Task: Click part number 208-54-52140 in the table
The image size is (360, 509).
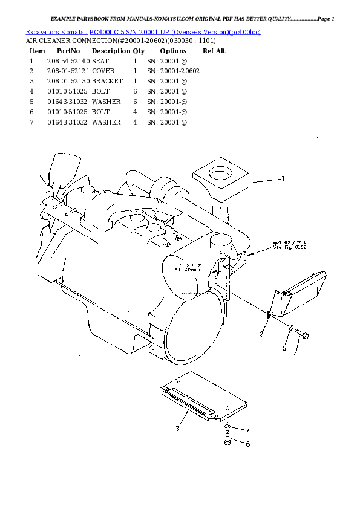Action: [68, 61]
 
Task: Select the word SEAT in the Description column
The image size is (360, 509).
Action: [100, 61]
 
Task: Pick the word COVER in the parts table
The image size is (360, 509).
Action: [103, 71]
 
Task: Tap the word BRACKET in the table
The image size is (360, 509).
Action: [107, 81]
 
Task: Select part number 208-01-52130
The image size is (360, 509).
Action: [68, 81]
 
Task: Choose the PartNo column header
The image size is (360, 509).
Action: [68, 51]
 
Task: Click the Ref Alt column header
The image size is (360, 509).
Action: [214, 51]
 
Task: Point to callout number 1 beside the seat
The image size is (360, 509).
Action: [283, 178]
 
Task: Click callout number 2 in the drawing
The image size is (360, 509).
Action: [261, 334]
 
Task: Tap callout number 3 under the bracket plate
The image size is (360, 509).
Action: [177, 429]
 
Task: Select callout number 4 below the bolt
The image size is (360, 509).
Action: [295, 354]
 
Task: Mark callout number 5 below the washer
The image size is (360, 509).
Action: [284, 348]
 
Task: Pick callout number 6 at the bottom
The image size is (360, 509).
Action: [247, 444]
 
